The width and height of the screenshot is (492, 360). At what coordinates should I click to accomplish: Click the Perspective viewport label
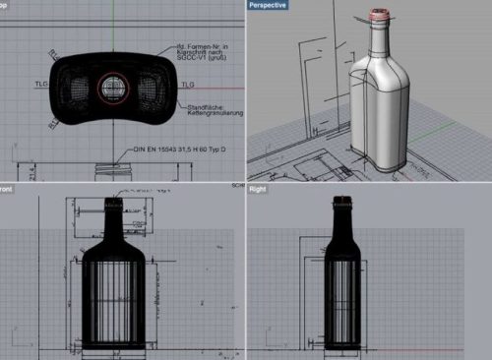270,5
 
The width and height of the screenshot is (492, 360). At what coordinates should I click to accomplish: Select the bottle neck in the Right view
344,221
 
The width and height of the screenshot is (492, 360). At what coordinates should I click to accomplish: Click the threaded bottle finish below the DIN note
109,170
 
